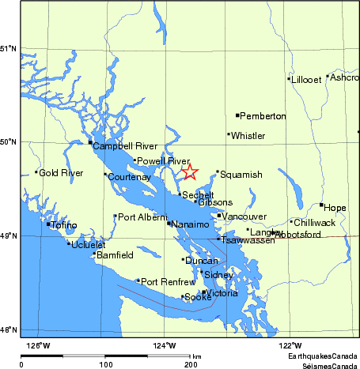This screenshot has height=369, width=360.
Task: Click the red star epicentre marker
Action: (190, 171)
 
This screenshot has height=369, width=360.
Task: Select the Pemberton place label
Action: (263, 116)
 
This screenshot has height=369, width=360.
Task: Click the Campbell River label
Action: (125, 146)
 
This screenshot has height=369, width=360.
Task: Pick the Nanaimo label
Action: (191, 224)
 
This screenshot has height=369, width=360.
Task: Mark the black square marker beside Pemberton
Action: (237, 115)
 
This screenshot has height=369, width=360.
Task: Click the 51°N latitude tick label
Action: (8, 49)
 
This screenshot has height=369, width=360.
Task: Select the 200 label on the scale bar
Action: (191, 365)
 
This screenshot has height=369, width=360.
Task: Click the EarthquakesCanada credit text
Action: (322, 357)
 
